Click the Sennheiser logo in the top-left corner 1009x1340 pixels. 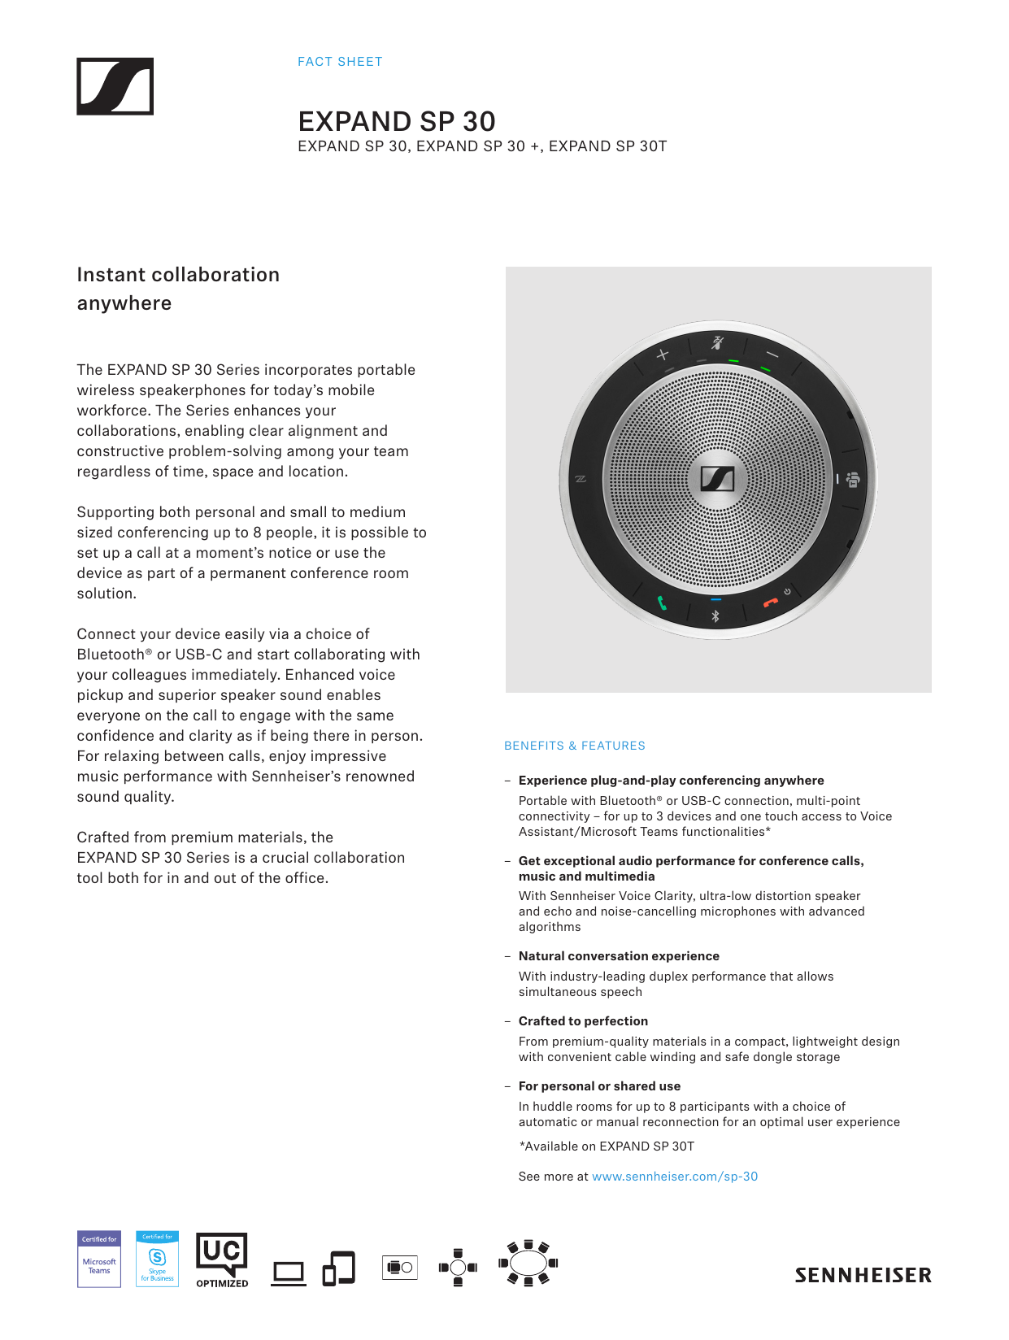pos(115,86)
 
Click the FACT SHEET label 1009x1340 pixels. pos(340,62)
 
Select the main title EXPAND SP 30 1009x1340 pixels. pos(397,121)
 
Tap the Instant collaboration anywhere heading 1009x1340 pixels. pos(178,289)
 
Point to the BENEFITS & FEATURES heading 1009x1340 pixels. pos(575,746)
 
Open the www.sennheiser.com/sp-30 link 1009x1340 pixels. pos(675,1177)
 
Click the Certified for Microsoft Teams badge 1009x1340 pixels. pos(99,1259)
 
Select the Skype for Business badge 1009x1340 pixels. pos(158,1259)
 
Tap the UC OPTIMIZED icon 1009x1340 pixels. pos(222,1259)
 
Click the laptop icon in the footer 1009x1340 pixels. pos(289,1273)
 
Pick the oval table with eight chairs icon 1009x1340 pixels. pos(528,1264)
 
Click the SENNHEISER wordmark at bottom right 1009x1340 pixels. pos(863,1275)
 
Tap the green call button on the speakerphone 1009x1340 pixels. pos(663,603)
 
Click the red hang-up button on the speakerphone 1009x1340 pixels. pos(770,603)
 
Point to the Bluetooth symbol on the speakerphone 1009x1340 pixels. pos(715,616)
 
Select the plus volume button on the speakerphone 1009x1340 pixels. pos(663,355)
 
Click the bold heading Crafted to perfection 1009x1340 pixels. pos(584,1021)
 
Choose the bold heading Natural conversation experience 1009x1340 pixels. pos(619,956)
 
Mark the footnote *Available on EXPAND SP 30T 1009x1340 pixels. pos(607,1146)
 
